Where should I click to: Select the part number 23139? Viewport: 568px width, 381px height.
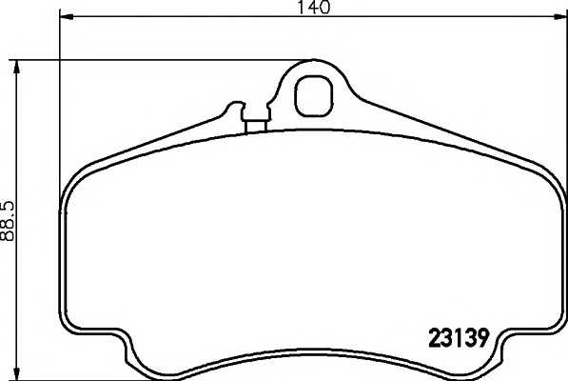pos(455,336)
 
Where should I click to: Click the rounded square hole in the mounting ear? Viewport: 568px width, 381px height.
pos(311,94)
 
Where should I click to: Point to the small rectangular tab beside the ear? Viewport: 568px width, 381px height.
pos(254,124)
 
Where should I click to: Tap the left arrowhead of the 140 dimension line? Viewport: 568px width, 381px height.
pos(65,17)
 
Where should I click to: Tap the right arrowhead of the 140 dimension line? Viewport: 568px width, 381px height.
pos(560,17)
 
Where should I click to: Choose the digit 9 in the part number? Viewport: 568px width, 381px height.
pos(482,336)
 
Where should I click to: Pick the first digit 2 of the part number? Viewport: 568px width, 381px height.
pos(427,336)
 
